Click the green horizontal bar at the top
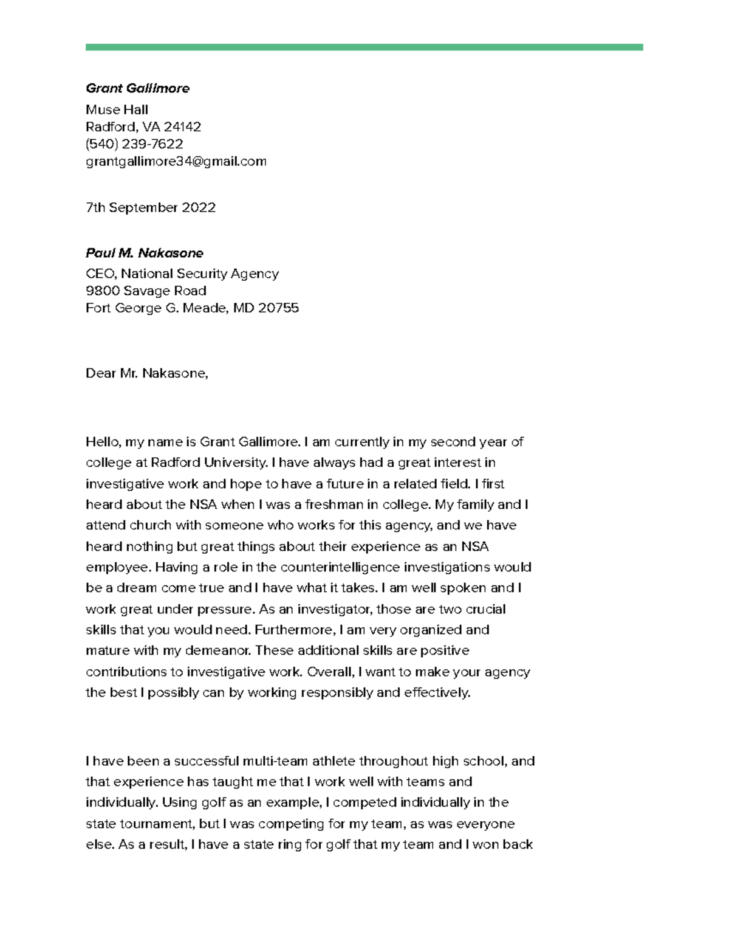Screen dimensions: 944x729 coord(364,47)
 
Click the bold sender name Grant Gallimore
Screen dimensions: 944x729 coord(137,88)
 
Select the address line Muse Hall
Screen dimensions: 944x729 coord(117,109)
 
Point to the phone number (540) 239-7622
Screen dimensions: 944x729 coord(134,143)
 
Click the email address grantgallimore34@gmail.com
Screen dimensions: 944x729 coord(176,161)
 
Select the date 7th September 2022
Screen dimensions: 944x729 coord(151,207)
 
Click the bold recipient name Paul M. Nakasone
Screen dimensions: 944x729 coord(145,253)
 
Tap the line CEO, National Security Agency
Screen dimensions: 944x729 coord(182,274)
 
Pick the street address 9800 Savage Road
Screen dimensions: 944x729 coord(146,291)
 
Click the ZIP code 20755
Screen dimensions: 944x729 coord(278,308)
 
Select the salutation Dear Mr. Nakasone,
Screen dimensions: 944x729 coord(147,373)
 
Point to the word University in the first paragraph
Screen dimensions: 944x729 coord(235,463)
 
